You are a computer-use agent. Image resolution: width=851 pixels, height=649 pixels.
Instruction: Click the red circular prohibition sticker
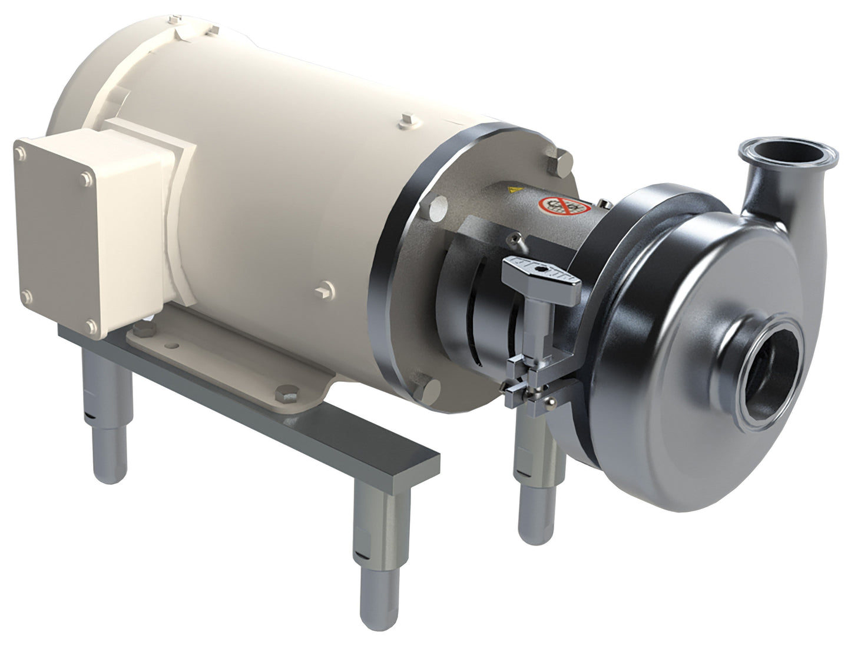point(564,206)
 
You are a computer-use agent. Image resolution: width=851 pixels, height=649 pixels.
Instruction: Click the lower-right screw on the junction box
point(91,325)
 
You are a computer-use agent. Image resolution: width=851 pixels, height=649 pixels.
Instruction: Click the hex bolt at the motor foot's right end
point(287,394)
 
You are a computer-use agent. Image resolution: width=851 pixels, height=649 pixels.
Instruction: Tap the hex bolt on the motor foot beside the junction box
point(147,327)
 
